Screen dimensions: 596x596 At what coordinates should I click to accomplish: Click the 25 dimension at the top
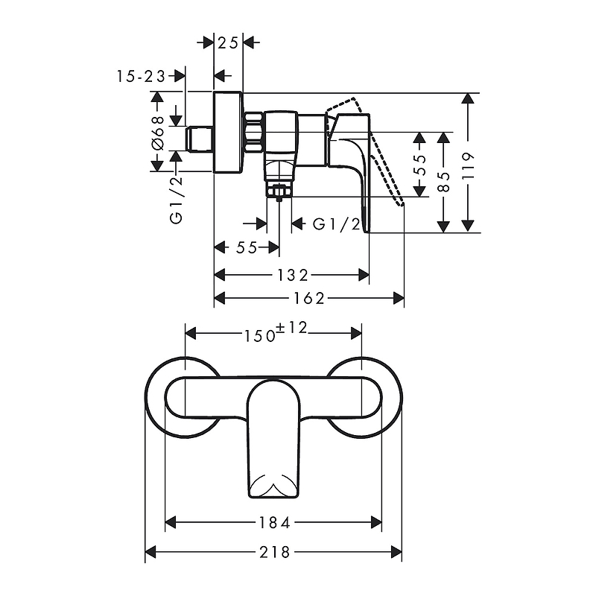click(x=228, y=43)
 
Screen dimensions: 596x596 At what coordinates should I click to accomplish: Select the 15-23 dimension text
click(x=141, y=77)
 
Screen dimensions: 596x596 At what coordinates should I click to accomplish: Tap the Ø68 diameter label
click(x=157, y=133)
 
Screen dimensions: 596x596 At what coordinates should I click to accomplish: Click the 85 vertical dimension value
click(x=443, y=181)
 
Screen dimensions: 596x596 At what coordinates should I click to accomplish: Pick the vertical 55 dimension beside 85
click(x=419, y=165)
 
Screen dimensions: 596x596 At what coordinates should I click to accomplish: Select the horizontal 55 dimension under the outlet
click(x=247, y=248)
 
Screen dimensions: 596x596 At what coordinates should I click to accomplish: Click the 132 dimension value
click(x=292, y=275)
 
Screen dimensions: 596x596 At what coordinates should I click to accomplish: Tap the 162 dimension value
click(x=309, y=299)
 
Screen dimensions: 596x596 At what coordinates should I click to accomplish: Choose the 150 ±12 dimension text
click(x=275, y=332)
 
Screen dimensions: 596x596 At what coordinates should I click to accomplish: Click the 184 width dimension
click(x=274, y=523)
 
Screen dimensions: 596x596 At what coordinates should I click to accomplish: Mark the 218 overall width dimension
click(x=274, y=552)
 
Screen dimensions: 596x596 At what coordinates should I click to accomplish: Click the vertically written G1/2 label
click(x=177, y=200)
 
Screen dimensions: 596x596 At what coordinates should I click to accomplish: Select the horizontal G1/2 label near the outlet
click(x=336, y=224)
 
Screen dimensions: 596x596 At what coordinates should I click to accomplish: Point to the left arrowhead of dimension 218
click(x=151, y=552)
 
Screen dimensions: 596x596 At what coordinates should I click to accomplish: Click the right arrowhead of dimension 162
click(x=399, y=299)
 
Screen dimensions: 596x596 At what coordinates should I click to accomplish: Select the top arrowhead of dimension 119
click(x=468, y=98)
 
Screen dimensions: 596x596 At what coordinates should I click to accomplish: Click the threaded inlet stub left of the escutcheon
click(x=200, y=139)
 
